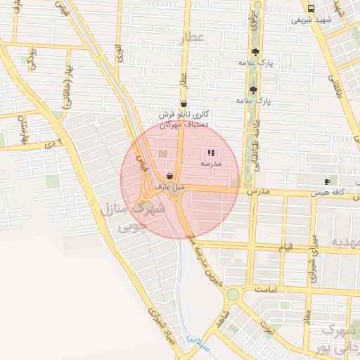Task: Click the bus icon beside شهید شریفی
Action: pos(311,8)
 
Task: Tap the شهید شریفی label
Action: pos(311,20)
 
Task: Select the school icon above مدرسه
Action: pos(211,153)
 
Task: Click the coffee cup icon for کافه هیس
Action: pos(327,181)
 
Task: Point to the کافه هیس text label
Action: pos(330,191)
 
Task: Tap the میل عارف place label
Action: pos(169,188)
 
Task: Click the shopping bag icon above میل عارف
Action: pos(169,176)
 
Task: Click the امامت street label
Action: pos(267,290)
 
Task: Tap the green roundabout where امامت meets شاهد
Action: pos(233,293)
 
